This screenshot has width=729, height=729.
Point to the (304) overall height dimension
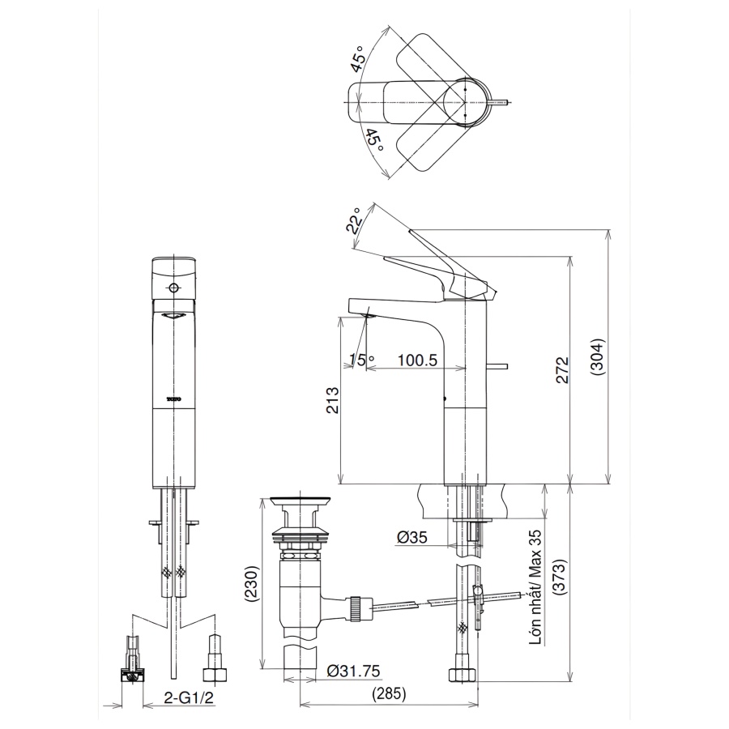click(597, 356)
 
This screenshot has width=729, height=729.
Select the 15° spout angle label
click(361, 360)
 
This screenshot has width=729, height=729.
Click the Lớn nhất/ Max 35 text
click(535, 587)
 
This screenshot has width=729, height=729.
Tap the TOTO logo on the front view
click(174, 399)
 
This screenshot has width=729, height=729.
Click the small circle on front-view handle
click(173, 288)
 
